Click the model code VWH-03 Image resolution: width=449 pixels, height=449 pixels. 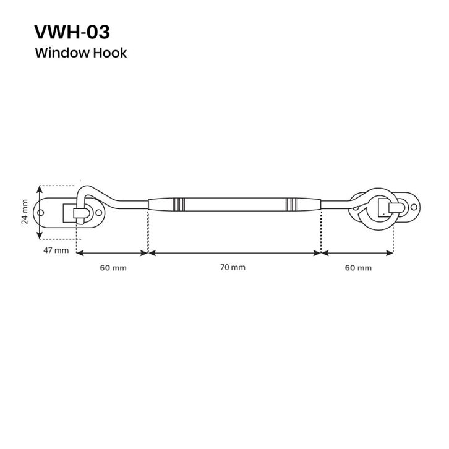(x=72, y=32)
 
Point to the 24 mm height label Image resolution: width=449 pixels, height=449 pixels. (x=25, y=212)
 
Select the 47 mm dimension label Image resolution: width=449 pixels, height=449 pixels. (x=56, y=250)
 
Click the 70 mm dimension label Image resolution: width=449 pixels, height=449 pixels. (x=233, y=267)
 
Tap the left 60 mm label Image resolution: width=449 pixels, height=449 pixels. (x=113, y=268)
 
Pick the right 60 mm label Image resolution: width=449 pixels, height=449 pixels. (x=358, y=268)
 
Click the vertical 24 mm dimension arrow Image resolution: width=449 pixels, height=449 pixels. (x=40, y=212)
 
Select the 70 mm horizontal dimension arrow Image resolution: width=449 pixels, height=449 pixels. (x=234, y=253)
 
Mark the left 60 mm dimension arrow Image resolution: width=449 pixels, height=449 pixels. (x=112, y=253)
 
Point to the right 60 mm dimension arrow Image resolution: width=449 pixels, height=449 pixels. (x=357, y=253)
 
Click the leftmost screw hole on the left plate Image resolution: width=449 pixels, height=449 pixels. (x=41, y=213)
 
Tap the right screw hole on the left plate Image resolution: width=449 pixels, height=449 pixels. (x=98, y=213)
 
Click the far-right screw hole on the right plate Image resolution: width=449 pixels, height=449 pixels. (x=414, y=207)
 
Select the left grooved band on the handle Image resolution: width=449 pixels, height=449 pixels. (x=178, y=204)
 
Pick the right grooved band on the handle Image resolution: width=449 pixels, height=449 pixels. (x=291, y=204)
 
